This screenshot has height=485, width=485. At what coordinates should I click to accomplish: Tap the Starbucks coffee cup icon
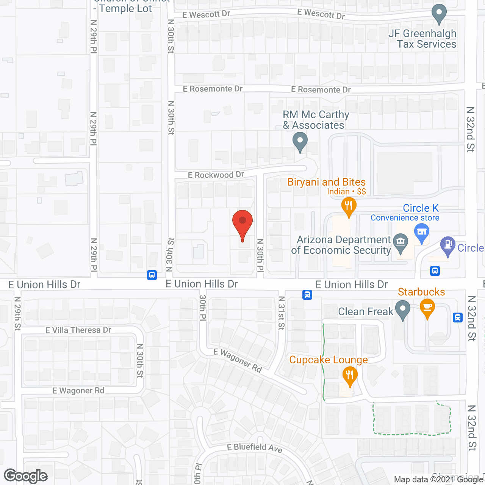pos(427,308)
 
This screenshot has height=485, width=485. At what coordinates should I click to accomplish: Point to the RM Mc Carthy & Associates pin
pos(300,142)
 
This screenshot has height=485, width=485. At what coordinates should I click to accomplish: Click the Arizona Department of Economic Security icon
pos(401,242)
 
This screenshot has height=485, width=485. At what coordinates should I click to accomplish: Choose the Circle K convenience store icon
pos(421,232)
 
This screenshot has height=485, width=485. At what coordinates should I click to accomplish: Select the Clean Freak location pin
pos(402,310)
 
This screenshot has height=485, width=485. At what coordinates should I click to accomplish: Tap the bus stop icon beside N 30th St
pos(152,275)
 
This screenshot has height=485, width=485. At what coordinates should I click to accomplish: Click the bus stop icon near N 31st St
pos(307,294)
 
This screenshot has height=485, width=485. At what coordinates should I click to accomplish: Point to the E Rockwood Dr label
pos(216,175)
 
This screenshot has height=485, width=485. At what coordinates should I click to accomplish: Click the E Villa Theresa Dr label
pos(78,330)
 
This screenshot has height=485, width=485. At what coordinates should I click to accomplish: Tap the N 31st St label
pos(281,313)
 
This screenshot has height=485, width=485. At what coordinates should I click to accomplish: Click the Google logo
pos(26,476)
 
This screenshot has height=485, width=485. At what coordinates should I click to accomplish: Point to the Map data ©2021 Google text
pos(438,480)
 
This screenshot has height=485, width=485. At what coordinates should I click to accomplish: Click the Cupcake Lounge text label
pos(329,360)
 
